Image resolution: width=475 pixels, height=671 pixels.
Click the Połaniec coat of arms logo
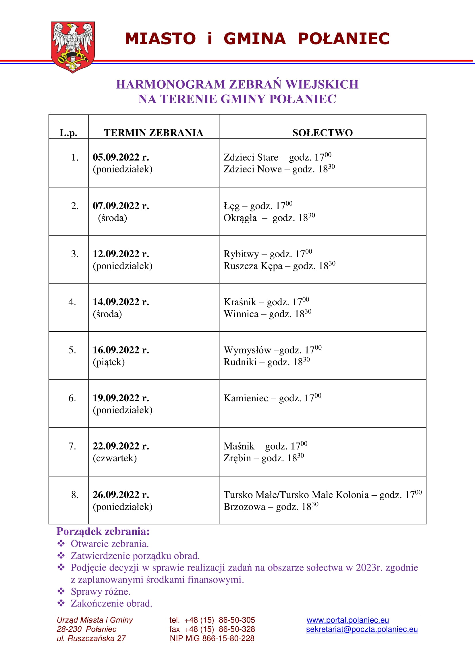[73, 47]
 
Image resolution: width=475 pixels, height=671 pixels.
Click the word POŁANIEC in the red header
[343, 38]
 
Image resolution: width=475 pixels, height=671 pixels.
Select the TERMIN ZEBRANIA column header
[154, 133]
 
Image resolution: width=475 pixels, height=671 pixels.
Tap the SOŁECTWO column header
[322, 133]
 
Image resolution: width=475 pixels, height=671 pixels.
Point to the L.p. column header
[68, 133]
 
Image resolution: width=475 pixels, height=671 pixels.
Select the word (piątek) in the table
[109, 362]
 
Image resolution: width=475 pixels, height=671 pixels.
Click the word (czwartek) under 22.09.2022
[115, 458]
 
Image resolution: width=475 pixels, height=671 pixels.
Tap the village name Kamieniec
[246, 398]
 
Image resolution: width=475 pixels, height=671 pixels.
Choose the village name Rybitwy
[241, 254]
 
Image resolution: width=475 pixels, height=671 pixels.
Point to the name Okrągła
[240, 218]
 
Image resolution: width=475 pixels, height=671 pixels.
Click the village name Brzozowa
[244, 506]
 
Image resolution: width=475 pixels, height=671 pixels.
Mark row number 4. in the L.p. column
[72, 302]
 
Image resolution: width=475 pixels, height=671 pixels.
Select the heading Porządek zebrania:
[103, 531]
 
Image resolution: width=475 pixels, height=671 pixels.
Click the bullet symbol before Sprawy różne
[61, 591]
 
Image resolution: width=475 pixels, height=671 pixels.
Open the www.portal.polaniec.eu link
[347, 620]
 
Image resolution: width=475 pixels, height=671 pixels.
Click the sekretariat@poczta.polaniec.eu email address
[362, 629]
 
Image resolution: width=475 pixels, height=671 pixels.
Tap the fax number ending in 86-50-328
[212, 629]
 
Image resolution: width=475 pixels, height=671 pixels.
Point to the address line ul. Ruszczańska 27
[91, 639]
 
